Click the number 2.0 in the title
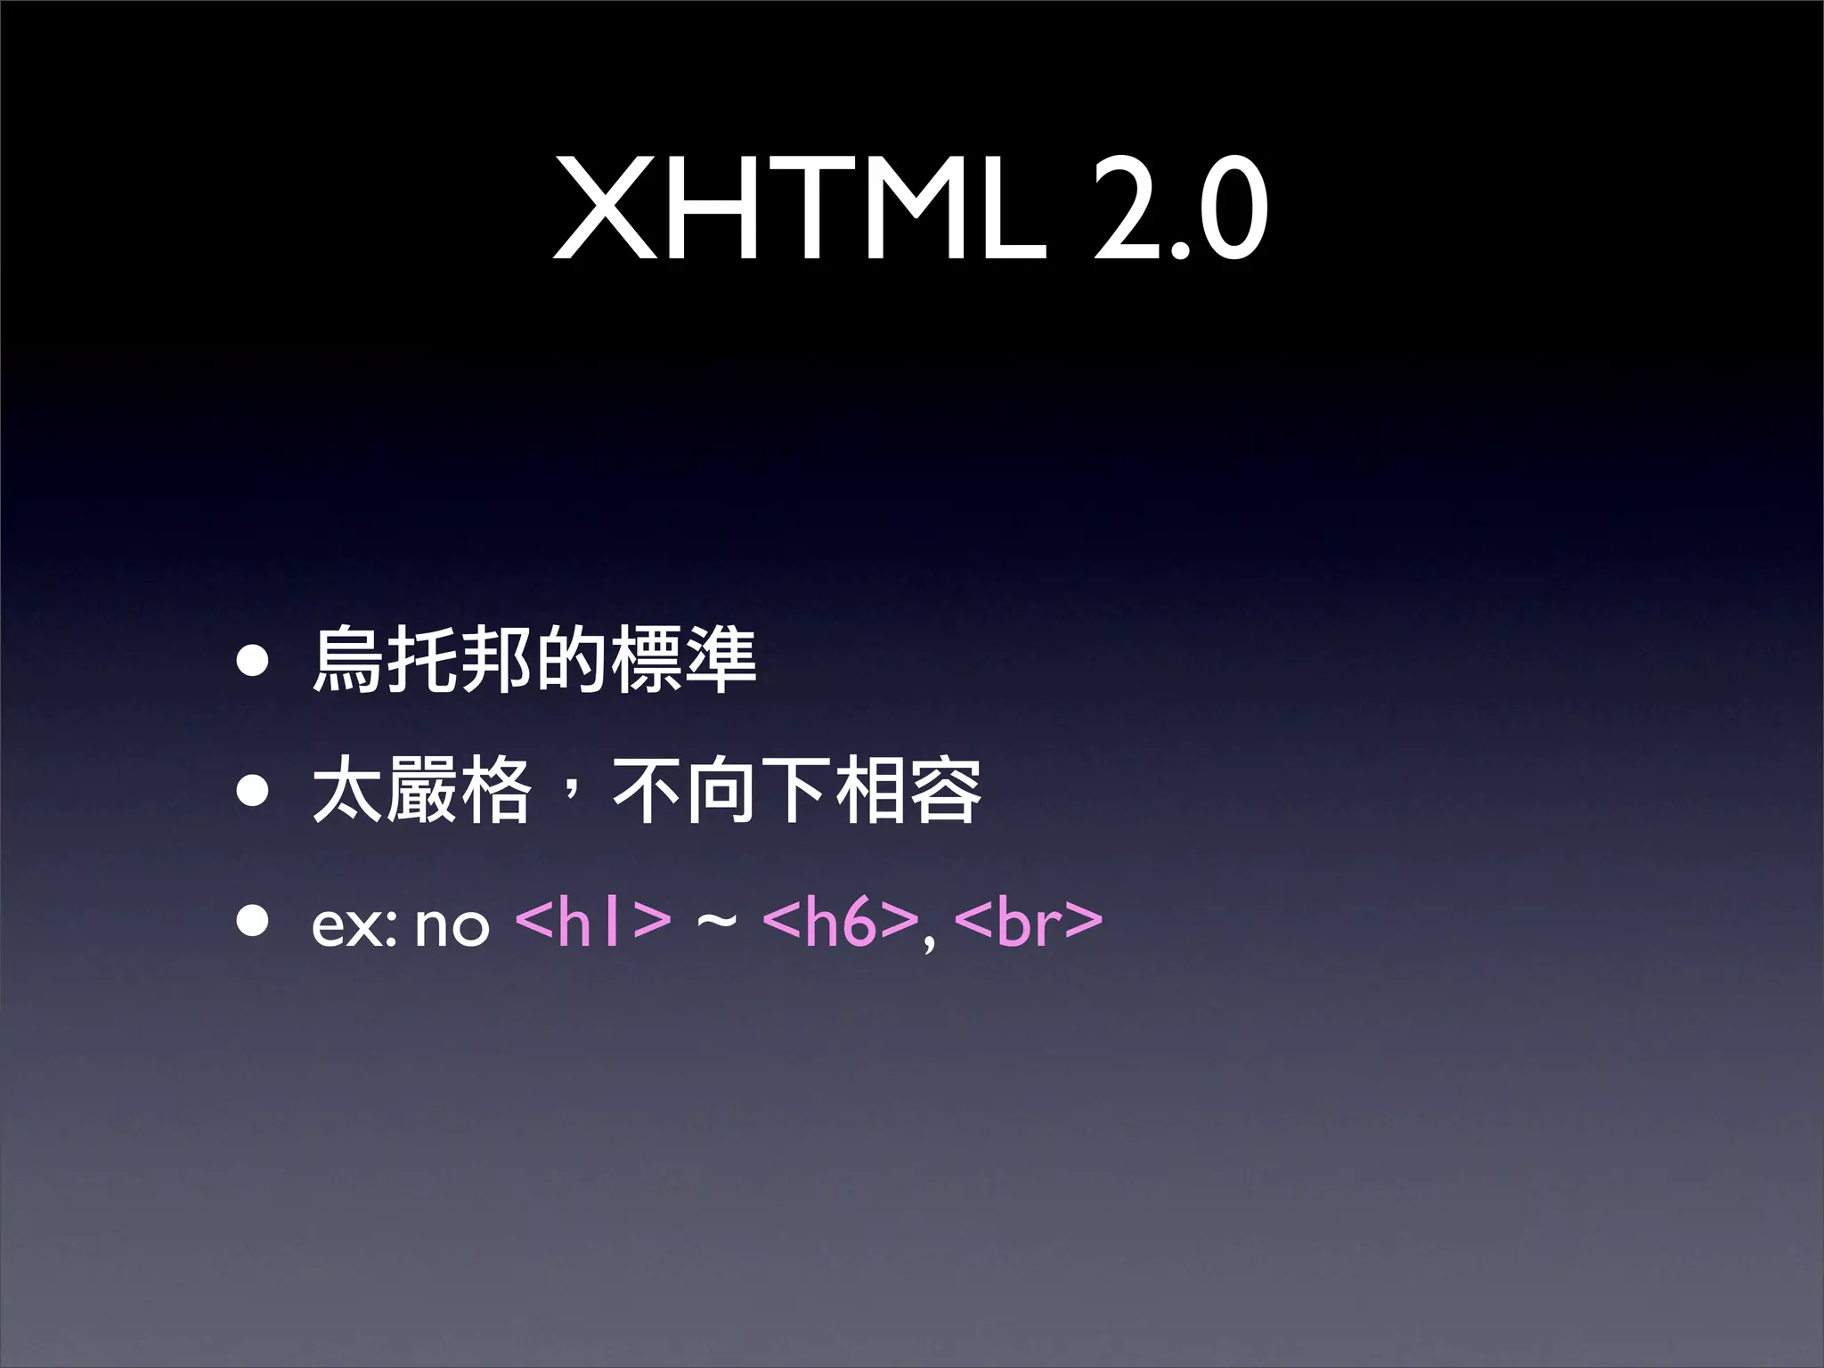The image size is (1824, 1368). tap(1179, 210)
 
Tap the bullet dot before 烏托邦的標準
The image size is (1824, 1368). tap(253, 662)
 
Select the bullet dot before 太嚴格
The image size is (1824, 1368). tap(253, 790)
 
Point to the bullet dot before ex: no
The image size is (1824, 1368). tap(253, 923)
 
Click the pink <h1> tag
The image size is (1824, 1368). tap(593, 923)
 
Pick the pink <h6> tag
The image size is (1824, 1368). tap(840, 923)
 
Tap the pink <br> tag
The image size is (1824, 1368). tap(1028, 923)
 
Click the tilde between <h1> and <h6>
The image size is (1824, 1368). tap(716, 923)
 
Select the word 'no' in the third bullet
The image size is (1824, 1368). tap(452, 926)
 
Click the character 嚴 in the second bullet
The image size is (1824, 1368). tap(422, 790)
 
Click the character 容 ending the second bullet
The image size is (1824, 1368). tap(946, 790)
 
